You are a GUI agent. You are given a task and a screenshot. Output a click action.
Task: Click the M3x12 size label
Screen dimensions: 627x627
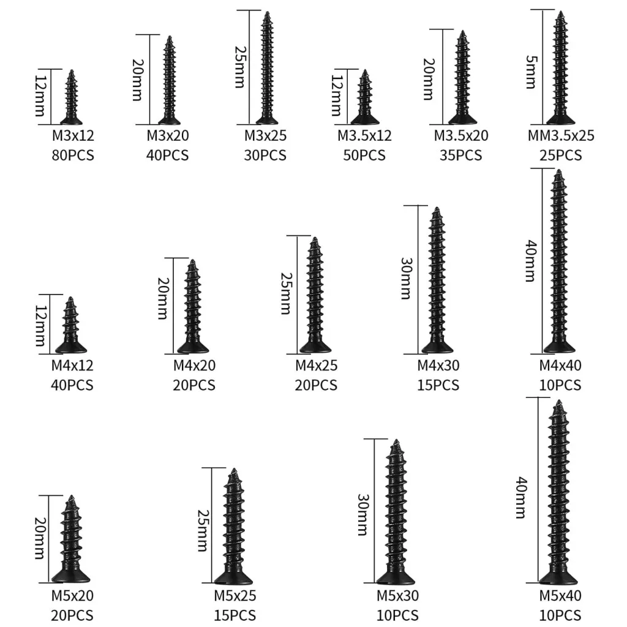(x=73, y=135)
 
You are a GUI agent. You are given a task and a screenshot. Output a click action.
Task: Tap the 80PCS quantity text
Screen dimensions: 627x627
(x=73, y=155)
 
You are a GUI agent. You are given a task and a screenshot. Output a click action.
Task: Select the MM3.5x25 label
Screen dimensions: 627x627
(x=561, y=135)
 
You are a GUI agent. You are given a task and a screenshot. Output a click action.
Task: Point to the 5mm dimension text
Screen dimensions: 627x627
(x=531, y=72)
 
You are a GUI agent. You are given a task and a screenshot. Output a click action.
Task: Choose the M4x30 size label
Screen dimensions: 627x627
(x=438, y=366)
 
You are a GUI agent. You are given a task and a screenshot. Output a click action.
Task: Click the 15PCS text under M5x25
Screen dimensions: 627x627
(x=235, y=615)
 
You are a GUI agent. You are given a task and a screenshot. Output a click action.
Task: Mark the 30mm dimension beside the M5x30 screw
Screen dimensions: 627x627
(x=362, y=514)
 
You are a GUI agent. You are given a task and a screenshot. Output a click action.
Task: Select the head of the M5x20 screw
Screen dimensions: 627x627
(x=71, y=576)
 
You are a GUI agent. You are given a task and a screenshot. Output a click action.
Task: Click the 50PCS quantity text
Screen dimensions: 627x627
(x=364, y=155)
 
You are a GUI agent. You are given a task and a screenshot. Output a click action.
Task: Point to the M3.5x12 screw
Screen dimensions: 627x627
(x=365, y=97)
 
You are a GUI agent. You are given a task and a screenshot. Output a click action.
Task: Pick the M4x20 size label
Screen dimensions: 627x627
(x=194, y=366)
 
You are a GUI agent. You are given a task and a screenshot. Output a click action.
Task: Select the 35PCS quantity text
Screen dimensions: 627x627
(x=461, y=155)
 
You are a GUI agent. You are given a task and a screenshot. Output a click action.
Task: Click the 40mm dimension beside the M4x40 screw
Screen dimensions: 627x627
(x=531, y=261)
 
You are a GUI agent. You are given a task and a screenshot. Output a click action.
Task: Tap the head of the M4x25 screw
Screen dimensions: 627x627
(x=315, y=347)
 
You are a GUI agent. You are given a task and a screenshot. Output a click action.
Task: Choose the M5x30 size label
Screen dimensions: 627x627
(x=397, y=596)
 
